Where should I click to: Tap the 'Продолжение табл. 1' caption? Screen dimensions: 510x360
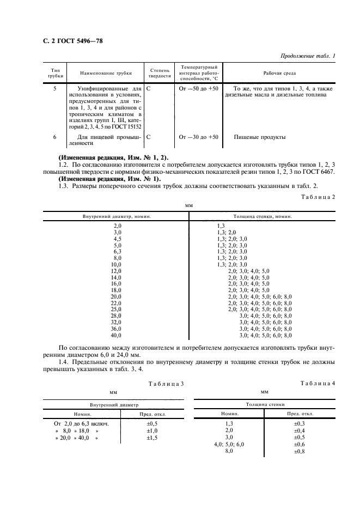pyautogui.click(x=308, y=56)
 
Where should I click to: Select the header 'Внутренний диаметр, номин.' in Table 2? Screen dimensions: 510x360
pyautogui.click(x=117, y=216)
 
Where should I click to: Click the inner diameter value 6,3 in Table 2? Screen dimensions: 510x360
pyautogui.click(x=117, y=251)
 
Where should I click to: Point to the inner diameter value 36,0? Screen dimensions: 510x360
pyautogui.click(x=117, y=329)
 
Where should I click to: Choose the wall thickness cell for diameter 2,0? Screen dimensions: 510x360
pyautogui.click(x=221, y=226)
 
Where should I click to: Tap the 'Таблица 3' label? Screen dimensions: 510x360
pyautogui.click(x=167, y=384)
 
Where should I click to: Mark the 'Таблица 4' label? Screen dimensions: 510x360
pyautogui.click(x=318, y=384)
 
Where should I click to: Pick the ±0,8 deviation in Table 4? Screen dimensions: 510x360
pyautogui.click(x=300, y=451)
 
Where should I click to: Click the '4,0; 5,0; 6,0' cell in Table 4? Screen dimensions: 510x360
pyautogui.click(x=229, y=444)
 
